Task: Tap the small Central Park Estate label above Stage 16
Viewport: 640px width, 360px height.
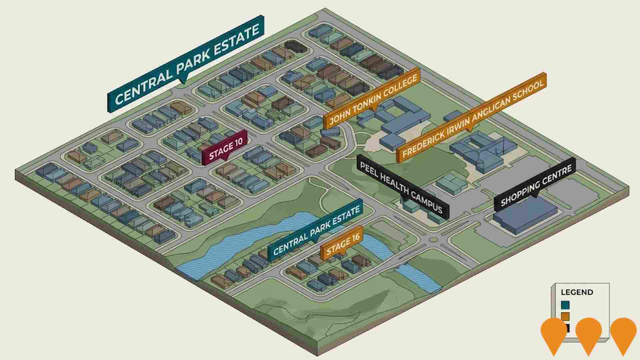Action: [315, 230]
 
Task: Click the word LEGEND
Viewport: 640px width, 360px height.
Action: [577, 292]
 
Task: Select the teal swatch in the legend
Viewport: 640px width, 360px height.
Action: [565, 305]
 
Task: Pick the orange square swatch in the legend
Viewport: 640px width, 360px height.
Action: [565, 316]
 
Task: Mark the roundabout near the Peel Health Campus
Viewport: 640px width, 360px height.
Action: [433, 239]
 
